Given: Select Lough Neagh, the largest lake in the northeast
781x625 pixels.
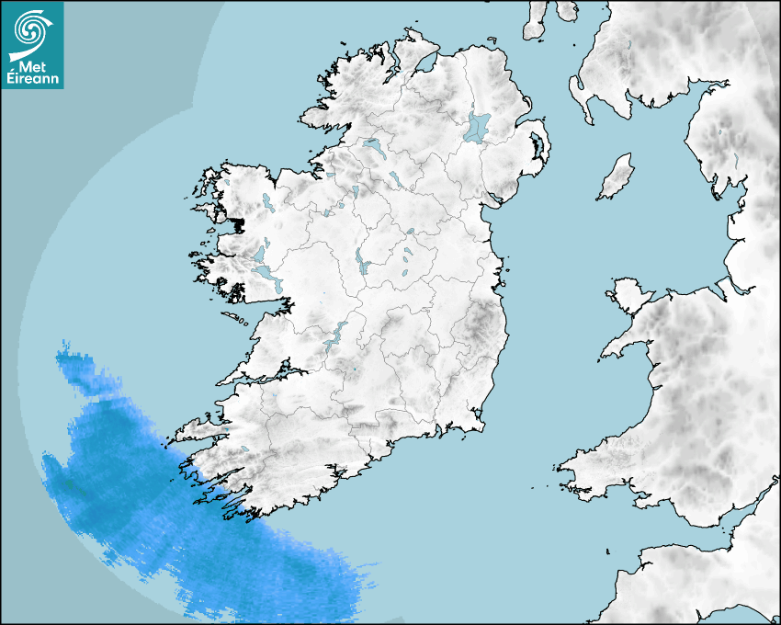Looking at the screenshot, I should tap(478, 127).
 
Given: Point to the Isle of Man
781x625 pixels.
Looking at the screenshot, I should tap(617, 176).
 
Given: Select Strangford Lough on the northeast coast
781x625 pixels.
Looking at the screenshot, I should tap(538, 146).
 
